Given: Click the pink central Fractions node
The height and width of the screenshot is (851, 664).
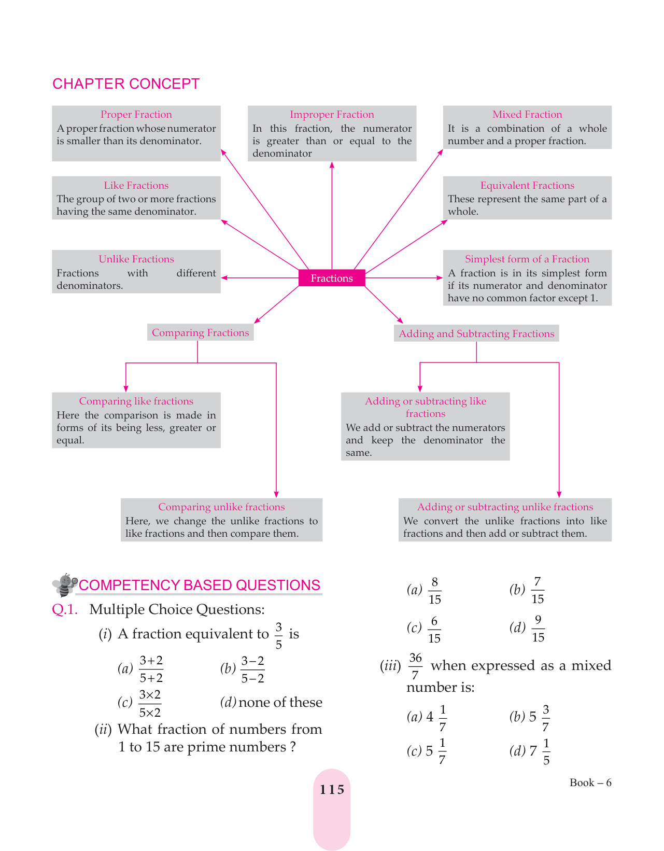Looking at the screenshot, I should click(x=332, y=278).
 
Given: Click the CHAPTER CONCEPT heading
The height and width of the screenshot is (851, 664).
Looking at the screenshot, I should click(x=126, y=83).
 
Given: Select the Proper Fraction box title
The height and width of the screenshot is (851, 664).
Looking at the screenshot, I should click(x=136, y=115).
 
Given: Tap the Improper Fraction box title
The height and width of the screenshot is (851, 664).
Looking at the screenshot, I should click(x=332, y=115).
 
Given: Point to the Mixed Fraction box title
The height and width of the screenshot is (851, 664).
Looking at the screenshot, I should click(x=527, y=115).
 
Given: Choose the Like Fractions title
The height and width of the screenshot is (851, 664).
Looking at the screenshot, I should click(x=136, y=186).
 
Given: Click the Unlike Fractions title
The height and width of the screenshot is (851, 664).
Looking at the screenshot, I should click(x=136, y=259).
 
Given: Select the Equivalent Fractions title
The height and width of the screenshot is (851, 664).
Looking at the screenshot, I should click(x=527, y=186).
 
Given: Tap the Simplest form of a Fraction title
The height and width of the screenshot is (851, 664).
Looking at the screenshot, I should click(x=527, y=259).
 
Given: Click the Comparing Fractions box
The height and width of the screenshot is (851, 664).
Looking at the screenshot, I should click(x=201, y=333).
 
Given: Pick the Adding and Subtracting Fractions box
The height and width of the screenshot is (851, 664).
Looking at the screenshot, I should click(x=476, y=334).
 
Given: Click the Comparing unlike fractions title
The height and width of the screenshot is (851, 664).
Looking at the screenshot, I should click(x=221, y=507).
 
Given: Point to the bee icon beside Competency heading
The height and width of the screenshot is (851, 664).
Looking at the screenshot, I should click(x=65, y=585).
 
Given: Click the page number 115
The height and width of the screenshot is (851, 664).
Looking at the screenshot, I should click(x=332, y=790).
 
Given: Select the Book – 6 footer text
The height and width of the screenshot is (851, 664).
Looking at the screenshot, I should click(x=590, y=783).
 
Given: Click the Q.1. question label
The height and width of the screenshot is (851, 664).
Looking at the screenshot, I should click(x=65, y=609).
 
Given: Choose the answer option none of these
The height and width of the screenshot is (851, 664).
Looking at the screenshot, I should click(x=280, y=702).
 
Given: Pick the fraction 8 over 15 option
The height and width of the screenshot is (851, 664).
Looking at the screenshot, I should click(x=434, y=591).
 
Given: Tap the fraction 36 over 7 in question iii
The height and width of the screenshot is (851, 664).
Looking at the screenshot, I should click(x=415, y=666).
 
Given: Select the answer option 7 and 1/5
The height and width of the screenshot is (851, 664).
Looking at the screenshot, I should click(x=540, y=751).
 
